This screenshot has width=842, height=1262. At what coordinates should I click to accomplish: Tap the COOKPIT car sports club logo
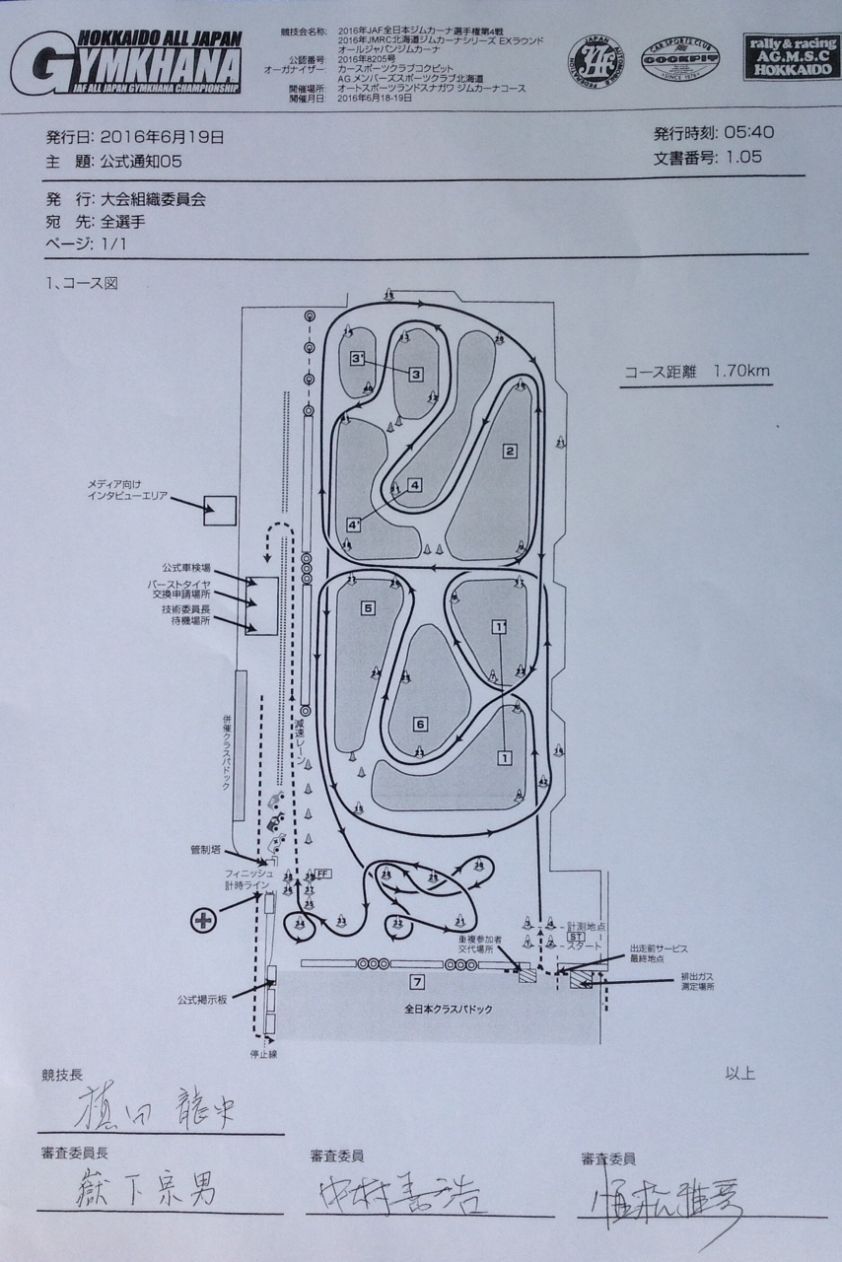[x=679, y=60]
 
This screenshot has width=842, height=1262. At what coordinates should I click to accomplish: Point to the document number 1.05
[x=743, y=157]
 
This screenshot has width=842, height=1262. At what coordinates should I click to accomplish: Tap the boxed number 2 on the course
[x=510, y=452]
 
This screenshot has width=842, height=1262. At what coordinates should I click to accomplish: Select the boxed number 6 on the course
[x=420, y=725]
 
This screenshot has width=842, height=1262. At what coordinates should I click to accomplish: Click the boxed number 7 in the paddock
[x=418, y=981]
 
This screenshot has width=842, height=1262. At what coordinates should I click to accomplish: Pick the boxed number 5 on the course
[x=368, y=608]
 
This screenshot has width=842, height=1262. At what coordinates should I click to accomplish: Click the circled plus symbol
[x=203, y=920]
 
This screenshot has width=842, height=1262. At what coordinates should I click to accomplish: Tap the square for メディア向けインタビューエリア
[x=219, y=510]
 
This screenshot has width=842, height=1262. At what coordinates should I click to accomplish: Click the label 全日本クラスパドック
[x=449, y=1010]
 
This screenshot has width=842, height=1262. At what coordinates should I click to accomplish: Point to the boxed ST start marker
[x=576, y=937]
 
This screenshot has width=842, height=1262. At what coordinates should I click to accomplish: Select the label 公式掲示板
[x=202, y=1000]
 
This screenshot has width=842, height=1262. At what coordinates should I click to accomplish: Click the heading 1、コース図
[x=82, y=284]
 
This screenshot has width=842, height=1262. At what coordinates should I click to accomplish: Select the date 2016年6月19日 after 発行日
[x=162, y=137]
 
